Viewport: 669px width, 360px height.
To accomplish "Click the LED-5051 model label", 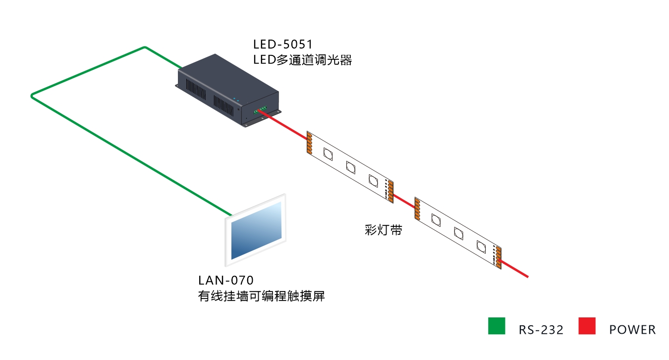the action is [282, 45].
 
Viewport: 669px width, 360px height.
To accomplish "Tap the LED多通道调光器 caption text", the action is [303, 60].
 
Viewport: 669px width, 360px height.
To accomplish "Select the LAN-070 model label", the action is [226, 280].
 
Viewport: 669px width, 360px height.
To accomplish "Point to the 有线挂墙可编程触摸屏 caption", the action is [261, 296].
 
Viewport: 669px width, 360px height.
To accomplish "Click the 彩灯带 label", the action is [384, 230].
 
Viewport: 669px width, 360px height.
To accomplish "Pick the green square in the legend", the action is [497, 326].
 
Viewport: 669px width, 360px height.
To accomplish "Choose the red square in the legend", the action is [587, 326].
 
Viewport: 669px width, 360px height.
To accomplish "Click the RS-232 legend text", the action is [541, 330].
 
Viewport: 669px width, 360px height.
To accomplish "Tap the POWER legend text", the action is [632, 330].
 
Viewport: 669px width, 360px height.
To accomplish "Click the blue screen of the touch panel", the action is [257, 230].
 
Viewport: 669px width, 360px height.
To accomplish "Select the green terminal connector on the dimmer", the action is [260, 110].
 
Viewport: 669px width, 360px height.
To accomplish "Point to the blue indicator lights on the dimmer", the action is [236, 100].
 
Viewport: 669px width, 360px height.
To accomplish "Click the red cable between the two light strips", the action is [404, 201].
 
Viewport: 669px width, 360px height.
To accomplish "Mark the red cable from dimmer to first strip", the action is [283, 124].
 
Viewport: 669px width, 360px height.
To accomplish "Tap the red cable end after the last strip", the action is [528, 277].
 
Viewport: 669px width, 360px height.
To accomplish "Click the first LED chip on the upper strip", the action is [328, 154].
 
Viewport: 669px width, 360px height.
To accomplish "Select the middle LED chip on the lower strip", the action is [458, 233].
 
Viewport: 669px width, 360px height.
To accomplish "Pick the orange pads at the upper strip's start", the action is [309, 143].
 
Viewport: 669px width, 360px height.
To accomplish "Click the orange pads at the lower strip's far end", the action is [499, 257].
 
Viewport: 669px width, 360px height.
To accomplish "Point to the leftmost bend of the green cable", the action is [32, 96].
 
